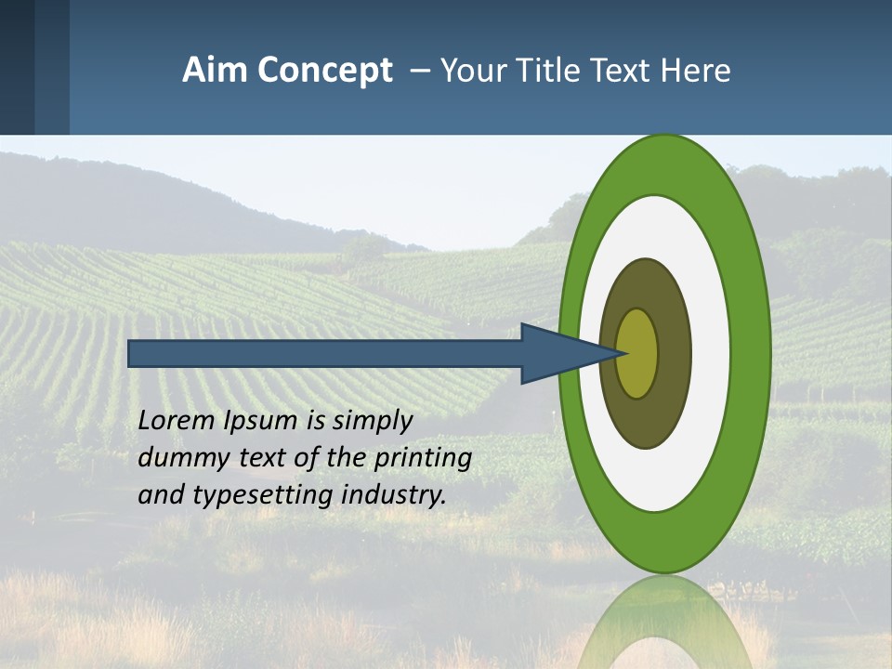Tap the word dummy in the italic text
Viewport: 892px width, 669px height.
point(174,458)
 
